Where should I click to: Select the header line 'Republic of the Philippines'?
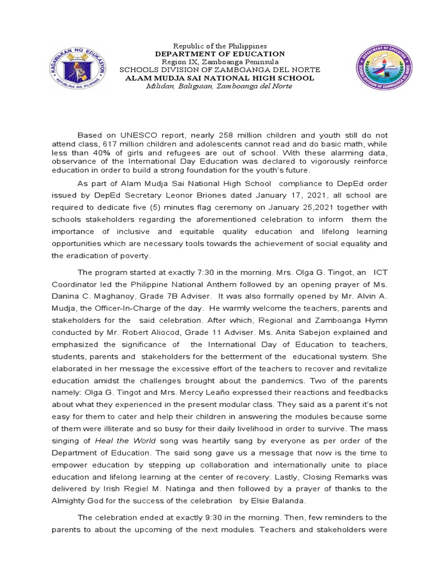coord(219,46)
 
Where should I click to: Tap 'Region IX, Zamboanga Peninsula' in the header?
coord(219,62)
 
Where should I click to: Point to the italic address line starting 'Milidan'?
coord(219,86)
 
